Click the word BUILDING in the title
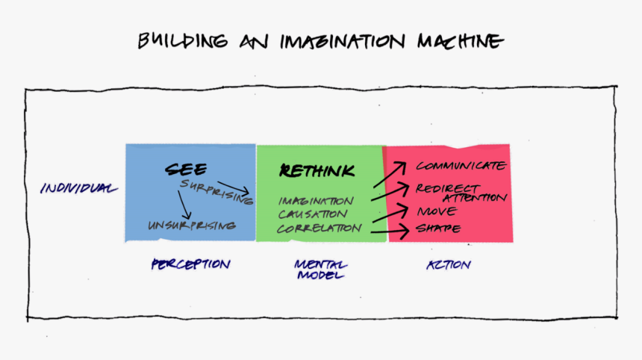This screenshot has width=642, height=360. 183,41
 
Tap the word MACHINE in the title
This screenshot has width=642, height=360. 460,41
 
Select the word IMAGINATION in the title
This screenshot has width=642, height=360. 343,42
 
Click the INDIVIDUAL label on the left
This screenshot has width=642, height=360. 78,188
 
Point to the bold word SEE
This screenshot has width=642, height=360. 187,169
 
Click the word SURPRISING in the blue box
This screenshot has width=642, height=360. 216,192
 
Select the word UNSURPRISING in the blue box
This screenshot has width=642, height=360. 192,226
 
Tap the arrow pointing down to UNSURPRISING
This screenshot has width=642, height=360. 184,205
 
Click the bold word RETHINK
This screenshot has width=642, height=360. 317,170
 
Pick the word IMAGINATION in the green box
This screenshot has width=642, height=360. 316,201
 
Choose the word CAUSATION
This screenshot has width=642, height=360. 313,214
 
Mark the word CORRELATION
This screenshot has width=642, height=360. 320,228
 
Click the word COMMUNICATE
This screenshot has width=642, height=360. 461,166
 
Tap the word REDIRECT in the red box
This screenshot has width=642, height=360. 447,188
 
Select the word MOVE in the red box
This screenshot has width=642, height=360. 437,211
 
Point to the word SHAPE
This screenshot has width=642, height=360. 438,228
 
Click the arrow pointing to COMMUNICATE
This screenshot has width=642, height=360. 390,175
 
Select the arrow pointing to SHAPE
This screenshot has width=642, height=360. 390,232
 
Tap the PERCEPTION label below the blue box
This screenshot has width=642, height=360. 191,264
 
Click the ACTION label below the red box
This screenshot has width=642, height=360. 449,265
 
